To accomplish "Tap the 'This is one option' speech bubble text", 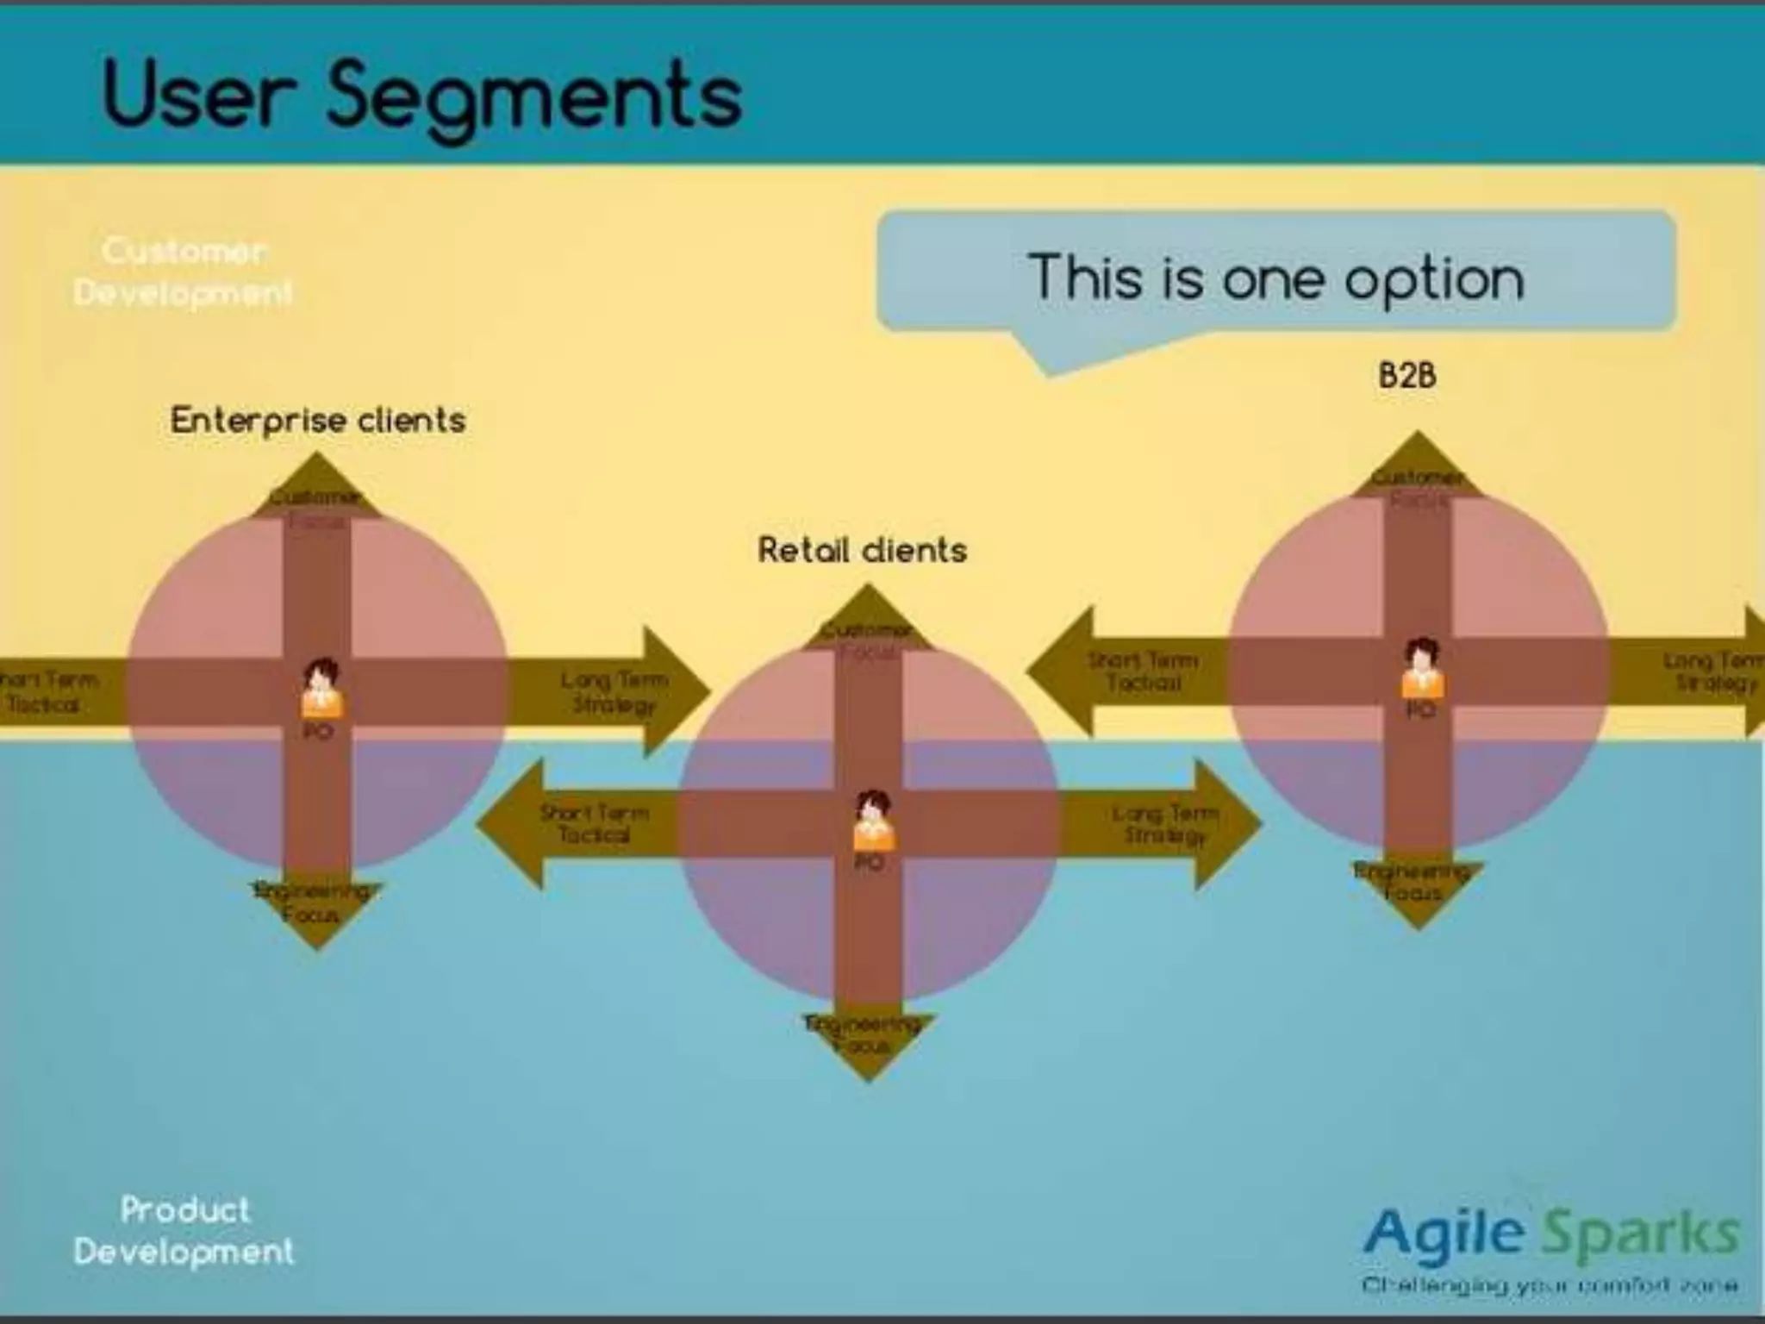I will click(x=1275, y=278).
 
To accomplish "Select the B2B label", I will click(x=1406, y=376).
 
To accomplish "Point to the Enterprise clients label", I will click(x=318, y=421).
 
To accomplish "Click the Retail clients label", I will click(x=862, y=550).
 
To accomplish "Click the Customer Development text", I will click(x=183, y=272).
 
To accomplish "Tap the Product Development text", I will click(x=184, y=1230).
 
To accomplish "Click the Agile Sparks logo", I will click(x=1551, y=1233).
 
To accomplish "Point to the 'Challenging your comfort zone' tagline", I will click(x=1550, y=1286).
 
